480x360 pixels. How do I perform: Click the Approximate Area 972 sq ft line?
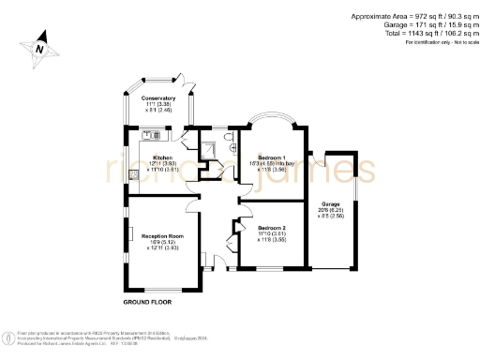412,17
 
